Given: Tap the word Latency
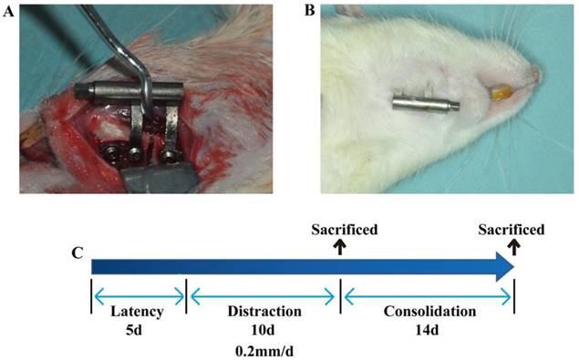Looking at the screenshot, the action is point(137,312).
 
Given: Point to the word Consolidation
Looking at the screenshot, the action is point(429,312).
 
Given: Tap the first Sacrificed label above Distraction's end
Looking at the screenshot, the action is point(339,230).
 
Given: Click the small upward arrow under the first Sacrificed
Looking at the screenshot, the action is point(339,245).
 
